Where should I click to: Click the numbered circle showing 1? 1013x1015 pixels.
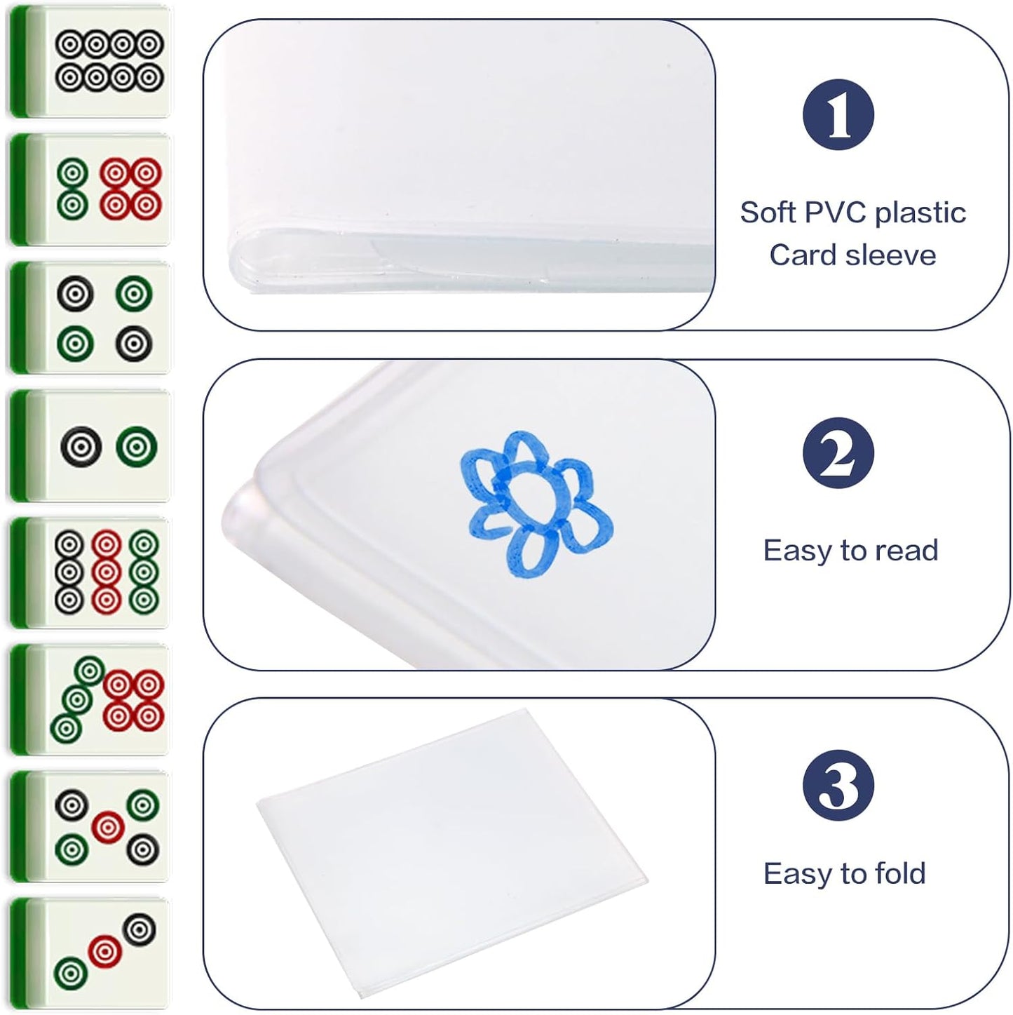838,114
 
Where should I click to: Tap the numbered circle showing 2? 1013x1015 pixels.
838,453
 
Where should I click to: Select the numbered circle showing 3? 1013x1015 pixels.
838,786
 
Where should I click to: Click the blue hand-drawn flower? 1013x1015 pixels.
536,504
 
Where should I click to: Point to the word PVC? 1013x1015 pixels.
835,213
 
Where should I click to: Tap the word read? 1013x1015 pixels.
906,551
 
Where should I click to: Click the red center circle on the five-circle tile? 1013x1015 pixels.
107,827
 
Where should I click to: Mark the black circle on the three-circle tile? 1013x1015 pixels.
139,929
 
